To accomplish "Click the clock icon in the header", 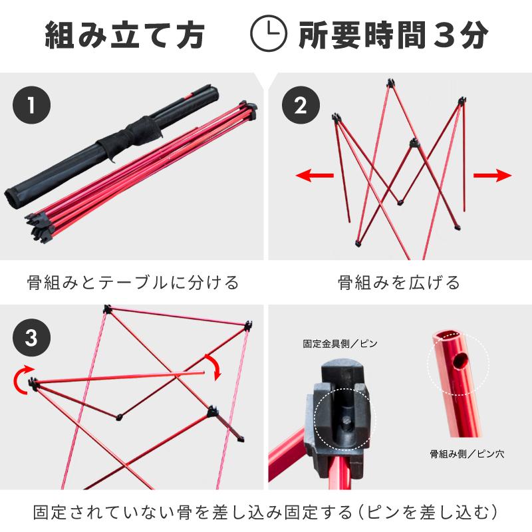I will (268, 34).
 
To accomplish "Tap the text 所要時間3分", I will (393, 35).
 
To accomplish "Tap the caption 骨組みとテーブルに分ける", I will (133, 283).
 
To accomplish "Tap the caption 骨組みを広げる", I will (399, 283).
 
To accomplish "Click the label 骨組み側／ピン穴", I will (467, 456).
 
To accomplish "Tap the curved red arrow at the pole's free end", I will (215, 367).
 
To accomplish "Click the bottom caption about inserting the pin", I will (266, 513).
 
